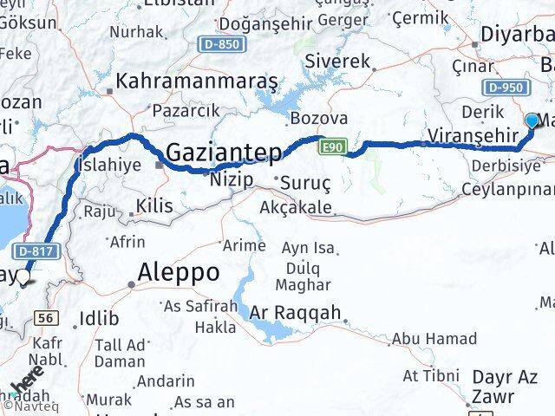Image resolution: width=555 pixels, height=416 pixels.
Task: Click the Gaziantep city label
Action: click(223, 153)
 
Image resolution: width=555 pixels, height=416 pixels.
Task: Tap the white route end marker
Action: click(23, 277)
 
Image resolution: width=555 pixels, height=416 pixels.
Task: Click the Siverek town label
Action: click(338, 62)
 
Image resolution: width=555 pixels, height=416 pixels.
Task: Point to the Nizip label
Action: click(232, 180)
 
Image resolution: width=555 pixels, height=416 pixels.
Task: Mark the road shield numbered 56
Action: click(49, 318)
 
